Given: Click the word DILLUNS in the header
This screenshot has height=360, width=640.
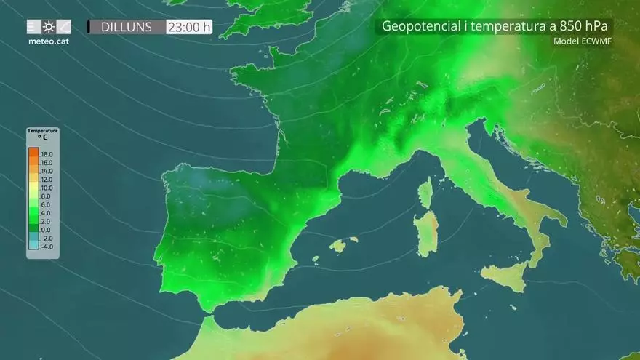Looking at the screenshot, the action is (127, 27).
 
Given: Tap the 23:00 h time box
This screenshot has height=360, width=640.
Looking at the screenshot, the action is (189, 27).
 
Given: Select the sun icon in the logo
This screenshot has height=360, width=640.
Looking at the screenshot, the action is (49, 27).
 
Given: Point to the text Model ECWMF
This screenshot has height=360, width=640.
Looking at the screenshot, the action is (583, 41).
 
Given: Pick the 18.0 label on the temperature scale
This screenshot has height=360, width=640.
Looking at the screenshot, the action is (47, 155).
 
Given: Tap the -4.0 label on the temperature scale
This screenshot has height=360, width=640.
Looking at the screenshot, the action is (47, 246).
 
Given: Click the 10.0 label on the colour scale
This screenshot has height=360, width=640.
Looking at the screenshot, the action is (47, 188).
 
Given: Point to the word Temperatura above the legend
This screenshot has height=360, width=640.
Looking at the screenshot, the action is (42, 131).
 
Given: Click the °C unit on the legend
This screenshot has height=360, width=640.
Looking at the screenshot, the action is (42, 137).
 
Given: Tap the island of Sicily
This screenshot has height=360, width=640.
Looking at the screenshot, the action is (506, 275).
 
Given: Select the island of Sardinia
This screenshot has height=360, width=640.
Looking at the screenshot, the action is (427, 233).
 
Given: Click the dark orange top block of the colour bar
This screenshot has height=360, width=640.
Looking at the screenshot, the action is (33, 155).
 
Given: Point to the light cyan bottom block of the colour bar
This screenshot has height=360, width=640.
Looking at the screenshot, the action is (33, 245).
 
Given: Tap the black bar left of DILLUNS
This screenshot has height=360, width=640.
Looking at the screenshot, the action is (89, 27).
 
